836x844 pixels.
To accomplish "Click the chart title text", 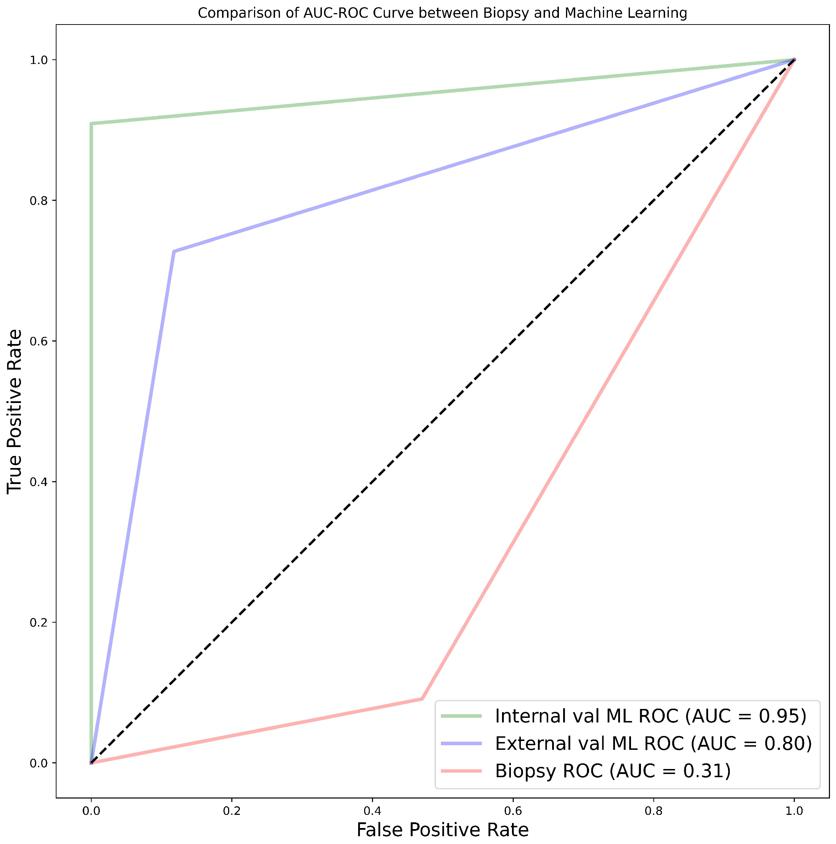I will click(x=442, y=13).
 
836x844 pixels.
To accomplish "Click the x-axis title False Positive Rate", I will click(x=442, y=829).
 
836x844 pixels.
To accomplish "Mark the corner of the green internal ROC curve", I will click(x=91, y=124).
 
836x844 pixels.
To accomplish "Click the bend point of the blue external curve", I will click(x=174, y=252).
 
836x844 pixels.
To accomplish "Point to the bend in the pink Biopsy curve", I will click(x=422, y=699).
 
